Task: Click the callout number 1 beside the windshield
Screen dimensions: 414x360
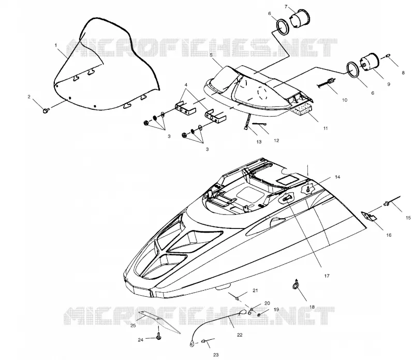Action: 56,45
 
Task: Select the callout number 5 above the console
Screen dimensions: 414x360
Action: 211,55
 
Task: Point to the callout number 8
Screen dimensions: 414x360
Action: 403,73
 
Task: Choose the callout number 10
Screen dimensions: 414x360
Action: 345,100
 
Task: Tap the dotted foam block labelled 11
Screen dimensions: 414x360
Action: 302,109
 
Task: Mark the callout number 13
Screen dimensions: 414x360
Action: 259,142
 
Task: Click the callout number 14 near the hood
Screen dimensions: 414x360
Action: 337,177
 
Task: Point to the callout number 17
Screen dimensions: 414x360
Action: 327,276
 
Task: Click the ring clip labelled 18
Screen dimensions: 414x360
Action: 295,285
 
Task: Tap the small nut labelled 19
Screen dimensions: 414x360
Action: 259,315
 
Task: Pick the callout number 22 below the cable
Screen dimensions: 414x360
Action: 240,335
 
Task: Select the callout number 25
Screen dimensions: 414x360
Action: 133,326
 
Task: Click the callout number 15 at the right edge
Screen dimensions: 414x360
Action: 408,218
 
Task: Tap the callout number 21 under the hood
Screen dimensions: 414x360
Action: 255,291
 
